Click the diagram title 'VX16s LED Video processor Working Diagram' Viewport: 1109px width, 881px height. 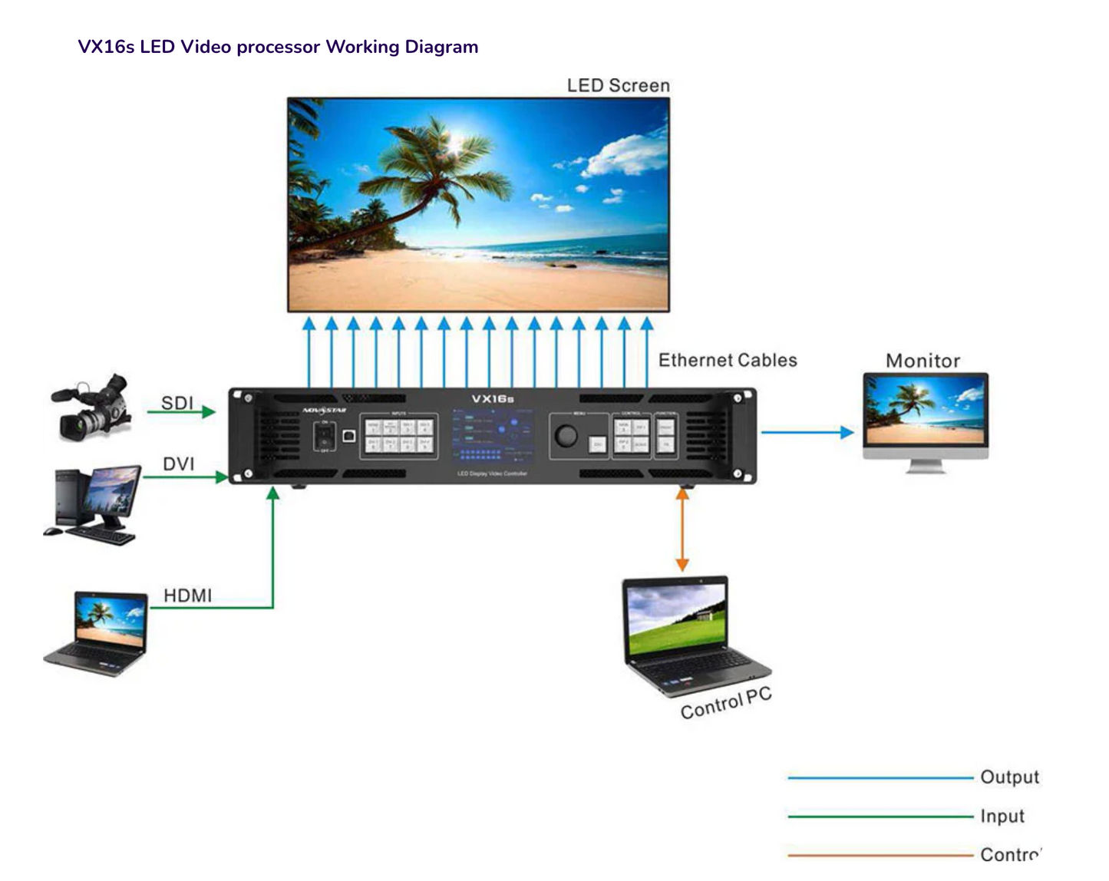coord(278,47)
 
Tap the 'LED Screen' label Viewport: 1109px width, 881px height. coord(618,85)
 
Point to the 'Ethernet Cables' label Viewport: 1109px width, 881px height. coord(727,360)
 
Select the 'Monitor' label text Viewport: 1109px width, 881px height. coord(923,361)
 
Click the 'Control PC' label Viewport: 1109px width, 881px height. coord(725,704)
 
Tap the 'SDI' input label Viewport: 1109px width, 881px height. coord(177,403)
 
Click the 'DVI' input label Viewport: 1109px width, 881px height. coord(178,464)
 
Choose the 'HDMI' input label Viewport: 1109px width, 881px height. coord(187,596)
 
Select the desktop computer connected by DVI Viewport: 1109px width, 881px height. coord(92,504)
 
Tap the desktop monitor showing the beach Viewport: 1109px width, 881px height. coord(925,419)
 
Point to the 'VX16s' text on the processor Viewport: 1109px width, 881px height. coord(492,399)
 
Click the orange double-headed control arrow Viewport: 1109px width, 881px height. coord(682,530)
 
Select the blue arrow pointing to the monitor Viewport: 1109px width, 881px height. coord(807,432)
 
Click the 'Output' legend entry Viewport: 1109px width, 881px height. coord(1009,777)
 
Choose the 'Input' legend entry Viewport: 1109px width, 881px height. coord(1002,816)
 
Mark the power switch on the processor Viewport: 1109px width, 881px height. coord(325,437)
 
